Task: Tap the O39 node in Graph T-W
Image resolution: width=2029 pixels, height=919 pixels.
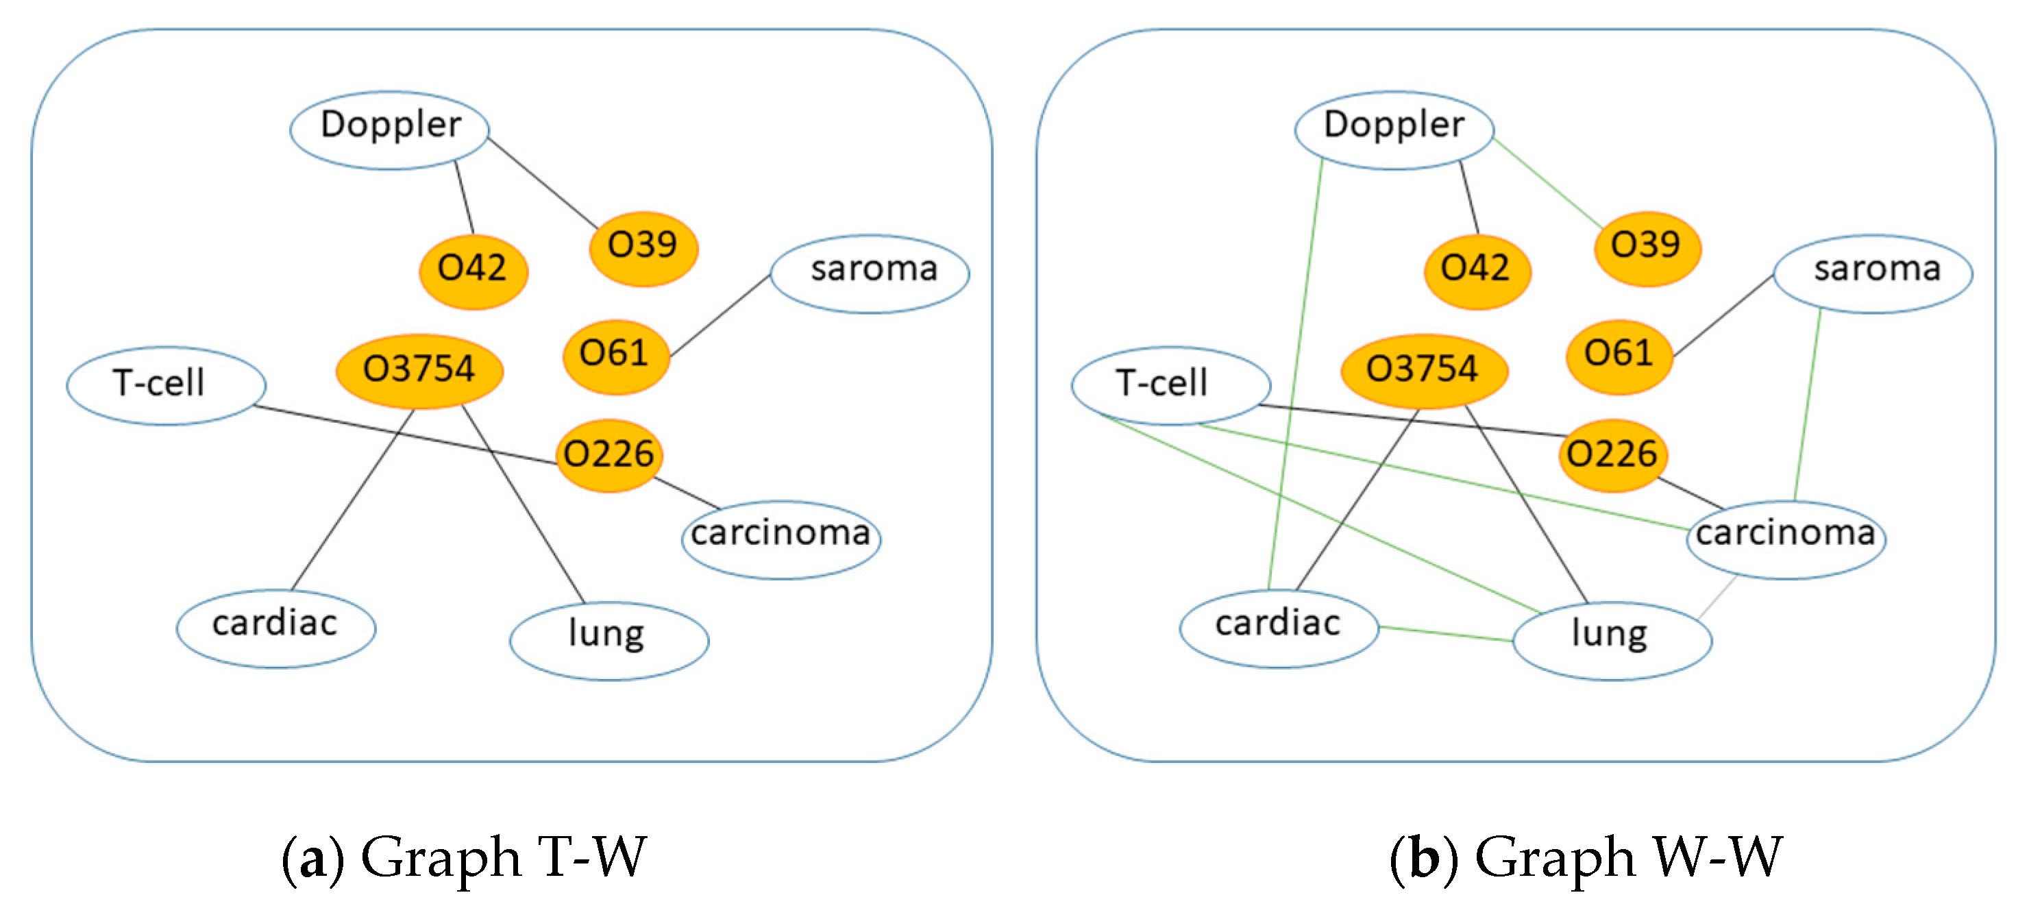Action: coord(643,247)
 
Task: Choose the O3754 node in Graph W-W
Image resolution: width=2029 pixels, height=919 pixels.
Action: coord(1423,371)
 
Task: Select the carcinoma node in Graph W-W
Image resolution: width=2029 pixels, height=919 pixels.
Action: coord(1785,539)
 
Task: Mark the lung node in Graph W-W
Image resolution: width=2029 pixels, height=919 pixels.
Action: coord(1612,639)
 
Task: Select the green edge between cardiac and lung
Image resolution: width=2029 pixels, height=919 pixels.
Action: coord(1445,633)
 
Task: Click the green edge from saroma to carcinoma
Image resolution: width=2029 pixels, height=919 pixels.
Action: coord(1808,406)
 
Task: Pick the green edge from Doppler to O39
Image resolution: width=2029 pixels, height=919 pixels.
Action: coord(1548,183)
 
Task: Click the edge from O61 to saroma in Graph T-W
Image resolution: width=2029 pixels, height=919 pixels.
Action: coord(720,315)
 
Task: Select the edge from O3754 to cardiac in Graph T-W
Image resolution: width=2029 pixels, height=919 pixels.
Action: coord(352,500)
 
